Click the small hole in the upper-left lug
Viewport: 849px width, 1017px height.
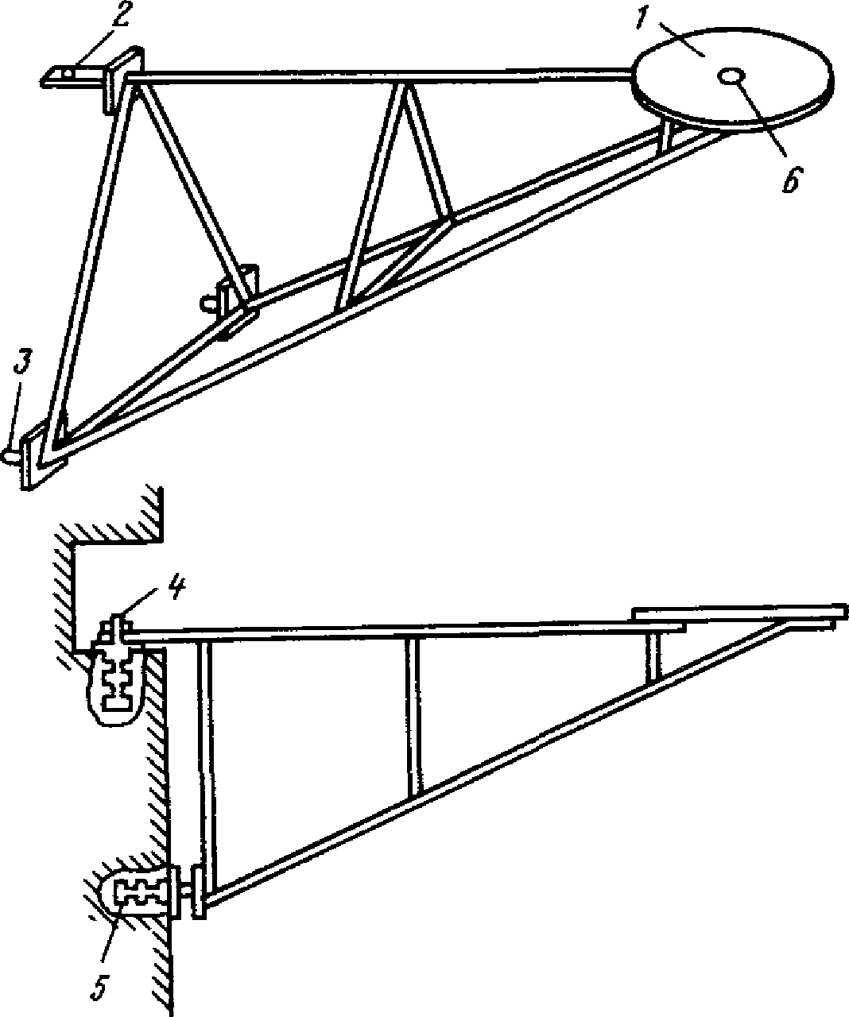[x=68, y=74]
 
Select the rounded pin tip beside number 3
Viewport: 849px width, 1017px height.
[x=10, y=455]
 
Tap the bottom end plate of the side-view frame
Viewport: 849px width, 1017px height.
[x=199, y=892]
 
